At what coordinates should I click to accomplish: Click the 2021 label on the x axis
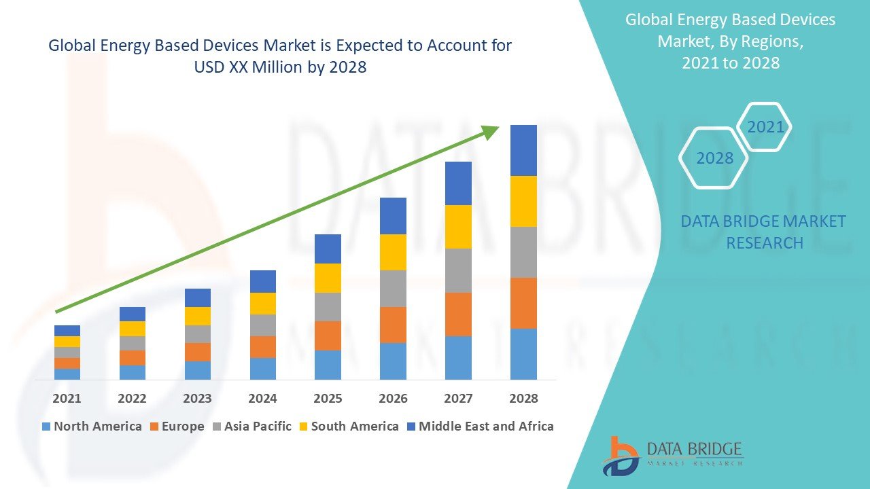67,399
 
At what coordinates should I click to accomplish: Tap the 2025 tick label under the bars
328,399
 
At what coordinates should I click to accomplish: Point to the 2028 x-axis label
523,399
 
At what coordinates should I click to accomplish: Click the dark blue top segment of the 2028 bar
523,150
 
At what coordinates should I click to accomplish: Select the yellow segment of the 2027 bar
458,227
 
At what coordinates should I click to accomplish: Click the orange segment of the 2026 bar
393,325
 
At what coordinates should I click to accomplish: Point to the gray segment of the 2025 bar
328,307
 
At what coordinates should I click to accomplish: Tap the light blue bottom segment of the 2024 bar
263,368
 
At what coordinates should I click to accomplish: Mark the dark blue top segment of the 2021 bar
67,331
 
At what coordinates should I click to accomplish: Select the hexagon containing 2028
714,158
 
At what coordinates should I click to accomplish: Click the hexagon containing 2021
765,127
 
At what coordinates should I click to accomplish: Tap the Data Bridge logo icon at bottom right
620,456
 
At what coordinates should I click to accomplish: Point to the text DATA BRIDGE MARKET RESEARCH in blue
764,232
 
